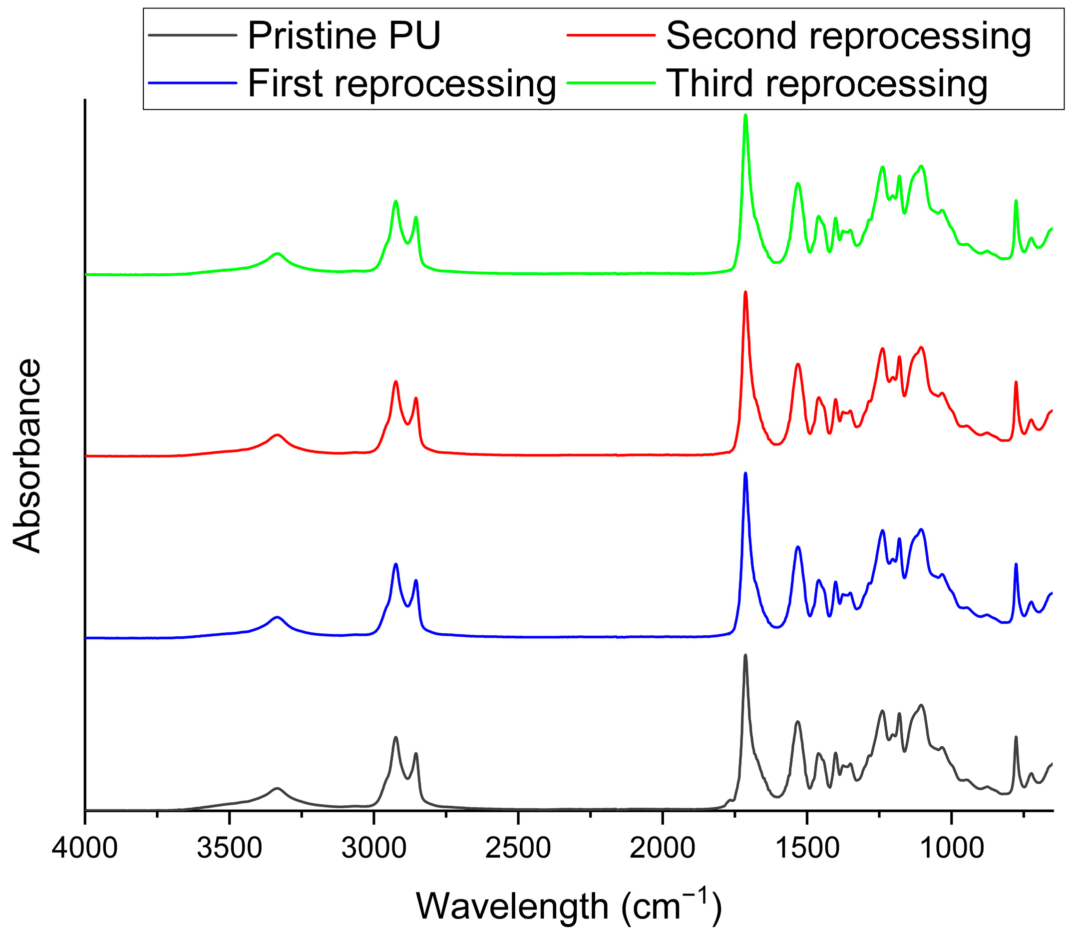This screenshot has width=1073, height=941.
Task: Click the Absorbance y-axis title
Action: pos(27,456)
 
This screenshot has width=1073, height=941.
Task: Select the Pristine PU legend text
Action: pos(344,35)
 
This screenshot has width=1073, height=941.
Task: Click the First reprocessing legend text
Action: pos(401,83)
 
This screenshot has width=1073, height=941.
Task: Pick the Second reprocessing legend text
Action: pos(848,35)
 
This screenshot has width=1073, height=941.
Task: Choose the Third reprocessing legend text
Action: pos(827,83)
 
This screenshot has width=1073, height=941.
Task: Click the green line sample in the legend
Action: pos(612,82)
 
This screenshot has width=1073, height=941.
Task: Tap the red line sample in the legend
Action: pos(612,35)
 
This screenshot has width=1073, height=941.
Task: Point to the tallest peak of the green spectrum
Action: pos(745,116)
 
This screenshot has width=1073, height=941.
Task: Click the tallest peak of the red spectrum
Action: pos(745,293)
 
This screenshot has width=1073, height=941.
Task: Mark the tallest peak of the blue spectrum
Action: pos(745,474)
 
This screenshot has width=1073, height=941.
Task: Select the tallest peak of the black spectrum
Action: pos(745,656)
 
